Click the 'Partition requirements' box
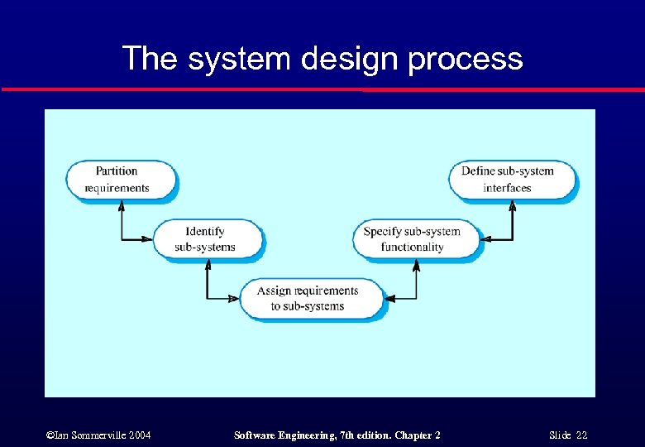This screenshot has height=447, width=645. pyautogui.click(x=121, y=180)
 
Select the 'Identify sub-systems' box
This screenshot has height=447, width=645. pyautogui.click(x=207, y=238)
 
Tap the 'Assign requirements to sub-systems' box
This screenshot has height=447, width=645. pyautogui.click(x=311, y=298)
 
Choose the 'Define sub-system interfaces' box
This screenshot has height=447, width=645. pyautogui.click(x=512, y=180)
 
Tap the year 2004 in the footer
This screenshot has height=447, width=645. pyautogui.click(x=137, y=435)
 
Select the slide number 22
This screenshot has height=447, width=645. pyautogui.click(x=580, y=435)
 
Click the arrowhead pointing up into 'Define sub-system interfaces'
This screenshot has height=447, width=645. pyautogui.click(x=514, y=204)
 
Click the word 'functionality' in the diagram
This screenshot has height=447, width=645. pyautogui.click(x=412, y=247)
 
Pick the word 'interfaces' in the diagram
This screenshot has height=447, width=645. pyautogui.click(x=507, y=188)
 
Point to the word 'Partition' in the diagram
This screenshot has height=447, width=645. pyautogui.click(x=117, y=171)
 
